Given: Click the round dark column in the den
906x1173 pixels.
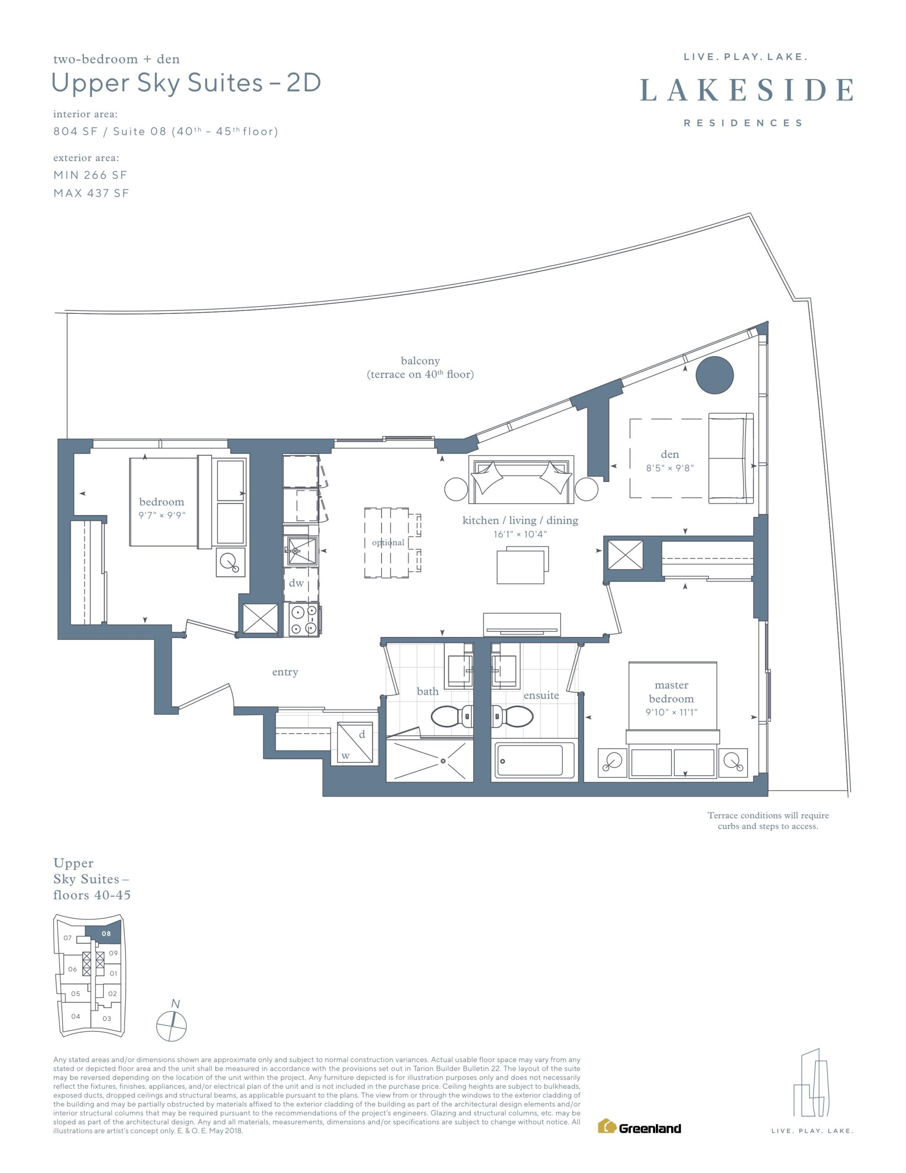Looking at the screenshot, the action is coord(714,375).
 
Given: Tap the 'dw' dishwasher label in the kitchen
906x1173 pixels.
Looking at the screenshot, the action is coord(296,583).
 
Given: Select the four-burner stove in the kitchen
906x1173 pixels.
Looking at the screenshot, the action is coord(305,620).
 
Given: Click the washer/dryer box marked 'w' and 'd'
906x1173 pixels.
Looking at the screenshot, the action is coord(355,742).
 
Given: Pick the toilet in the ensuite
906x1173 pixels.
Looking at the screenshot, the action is coord(513,715).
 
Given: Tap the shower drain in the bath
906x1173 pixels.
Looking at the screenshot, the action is coord(443,761).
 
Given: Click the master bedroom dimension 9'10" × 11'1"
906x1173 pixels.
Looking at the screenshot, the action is coord(671,712).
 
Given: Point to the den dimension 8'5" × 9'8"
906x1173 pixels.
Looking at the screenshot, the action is coord(670,468).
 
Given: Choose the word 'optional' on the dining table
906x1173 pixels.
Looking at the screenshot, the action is coord(388,543).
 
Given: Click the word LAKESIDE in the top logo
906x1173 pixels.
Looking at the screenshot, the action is coord(747,90).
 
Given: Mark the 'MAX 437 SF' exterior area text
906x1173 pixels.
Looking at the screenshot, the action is coord(91,193).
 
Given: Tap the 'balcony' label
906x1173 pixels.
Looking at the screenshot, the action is coord(420,361).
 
